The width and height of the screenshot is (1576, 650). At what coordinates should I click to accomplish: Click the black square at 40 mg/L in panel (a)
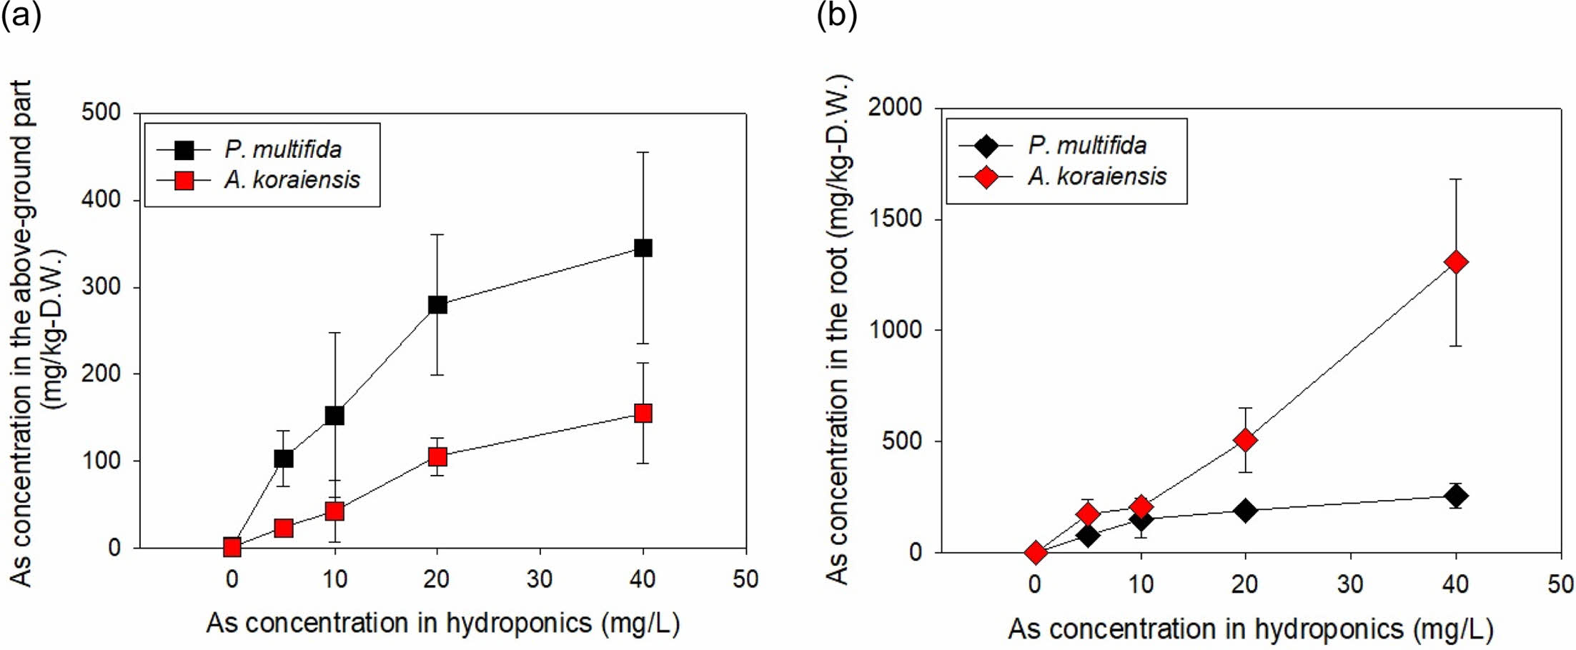(643, 248)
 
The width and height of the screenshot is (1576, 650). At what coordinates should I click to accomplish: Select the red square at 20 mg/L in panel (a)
(437, 456)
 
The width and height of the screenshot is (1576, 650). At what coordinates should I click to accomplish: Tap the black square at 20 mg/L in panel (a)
(437, 305)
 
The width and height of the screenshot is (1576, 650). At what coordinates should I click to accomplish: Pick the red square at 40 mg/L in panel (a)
(643, 414)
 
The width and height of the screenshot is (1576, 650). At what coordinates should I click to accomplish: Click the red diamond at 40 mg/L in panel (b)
(1456, 262)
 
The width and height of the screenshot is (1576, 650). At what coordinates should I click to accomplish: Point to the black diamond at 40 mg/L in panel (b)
(1456, 496)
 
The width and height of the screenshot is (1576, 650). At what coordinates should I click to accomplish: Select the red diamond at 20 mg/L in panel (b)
(1246, 440)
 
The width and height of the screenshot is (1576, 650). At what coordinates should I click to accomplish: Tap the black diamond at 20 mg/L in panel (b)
(1246, 510)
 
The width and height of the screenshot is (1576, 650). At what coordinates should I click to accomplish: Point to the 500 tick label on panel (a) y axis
(101, 113)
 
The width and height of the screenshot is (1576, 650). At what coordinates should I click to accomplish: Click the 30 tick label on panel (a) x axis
(540, 579)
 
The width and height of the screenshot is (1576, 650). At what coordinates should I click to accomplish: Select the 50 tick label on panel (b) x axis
(1560, 585)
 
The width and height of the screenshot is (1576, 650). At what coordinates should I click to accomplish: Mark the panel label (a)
(21, 14)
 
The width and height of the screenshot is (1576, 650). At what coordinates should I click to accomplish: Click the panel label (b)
(836, 14)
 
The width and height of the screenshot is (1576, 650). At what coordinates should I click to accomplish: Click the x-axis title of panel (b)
(1251, 629)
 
